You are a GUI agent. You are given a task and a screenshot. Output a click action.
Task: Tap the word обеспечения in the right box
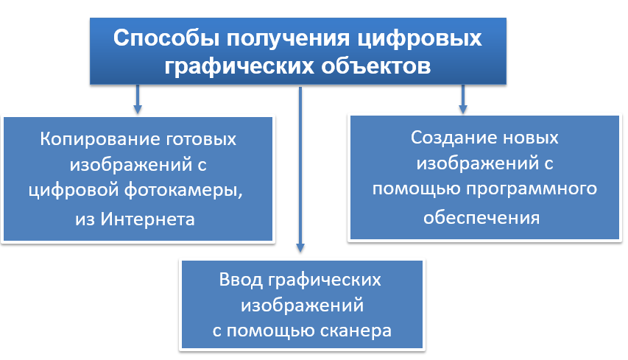click(481, 218)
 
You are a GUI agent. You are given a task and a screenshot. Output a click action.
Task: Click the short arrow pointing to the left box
click(137, 99)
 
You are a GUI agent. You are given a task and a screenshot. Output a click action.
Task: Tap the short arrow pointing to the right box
click(462, 99)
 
